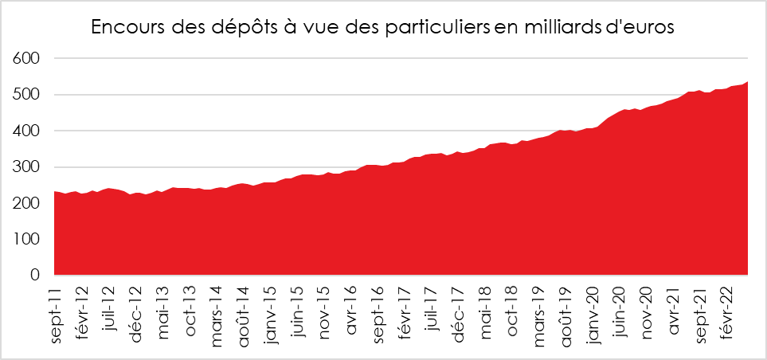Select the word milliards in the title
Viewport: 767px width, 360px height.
559,27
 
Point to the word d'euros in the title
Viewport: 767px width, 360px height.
637,27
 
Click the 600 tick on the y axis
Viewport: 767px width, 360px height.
26,59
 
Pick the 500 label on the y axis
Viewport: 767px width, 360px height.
26,95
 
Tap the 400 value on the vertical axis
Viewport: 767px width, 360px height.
26,131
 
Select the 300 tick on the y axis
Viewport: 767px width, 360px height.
26,167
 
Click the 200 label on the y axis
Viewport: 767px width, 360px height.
26,203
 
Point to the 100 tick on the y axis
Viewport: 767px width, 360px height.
26,239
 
